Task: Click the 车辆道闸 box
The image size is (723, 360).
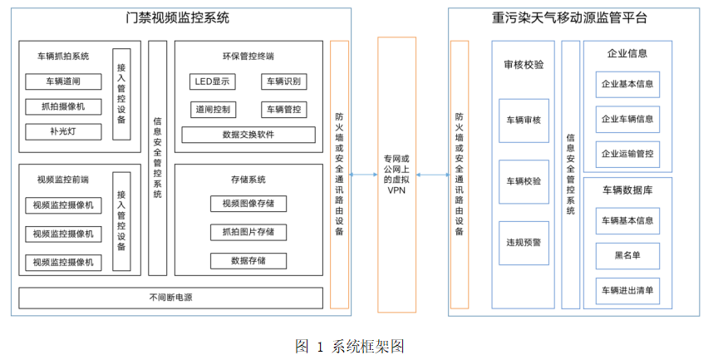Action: click(x=64, y=81)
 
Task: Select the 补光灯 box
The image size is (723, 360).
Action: click(x=64, y=131)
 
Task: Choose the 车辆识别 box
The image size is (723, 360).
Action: click(x=283, y=81)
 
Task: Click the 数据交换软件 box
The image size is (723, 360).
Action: click(x=248, y=135)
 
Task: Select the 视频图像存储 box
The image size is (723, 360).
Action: click(x=248, y=204)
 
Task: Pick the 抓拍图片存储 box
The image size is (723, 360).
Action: click(x=248, y=232)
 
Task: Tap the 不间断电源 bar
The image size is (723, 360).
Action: click(x=170, y=297)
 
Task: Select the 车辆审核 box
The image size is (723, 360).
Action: click(x=524, y=121)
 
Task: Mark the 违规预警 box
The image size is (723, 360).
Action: click(x=524, y=243)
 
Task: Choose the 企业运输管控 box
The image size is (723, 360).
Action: click(x=627, y=154)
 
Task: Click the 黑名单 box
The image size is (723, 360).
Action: click(x=627, y=255)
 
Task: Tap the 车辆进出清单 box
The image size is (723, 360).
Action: click(x=627, y=290)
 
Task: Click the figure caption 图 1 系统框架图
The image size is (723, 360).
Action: click(x=350, y=346)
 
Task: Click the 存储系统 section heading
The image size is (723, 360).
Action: click(x=248, y=179)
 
